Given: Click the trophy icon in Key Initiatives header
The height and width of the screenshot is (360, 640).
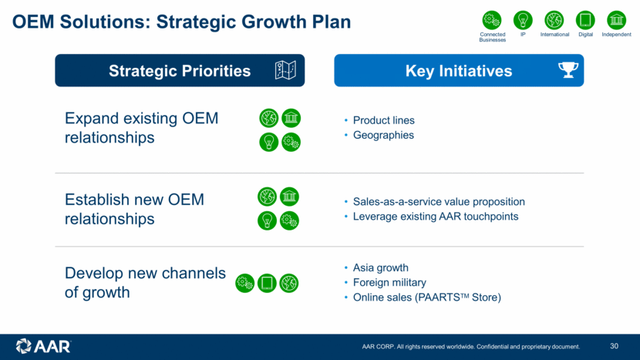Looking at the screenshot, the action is click(568, 70).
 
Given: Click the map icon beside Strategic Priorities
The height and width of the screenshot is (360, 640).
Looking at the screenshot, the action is click(285, 70).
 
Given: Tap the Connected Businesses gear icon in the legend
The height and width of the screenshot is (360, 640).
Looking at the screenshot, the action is click(492, 20).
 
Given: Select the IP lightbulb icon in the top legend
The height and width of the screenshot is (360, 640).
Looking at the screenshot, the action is click(523, 20).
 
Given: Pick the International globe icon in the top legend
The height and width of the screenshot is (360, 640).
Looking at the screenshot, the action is click(554, 20).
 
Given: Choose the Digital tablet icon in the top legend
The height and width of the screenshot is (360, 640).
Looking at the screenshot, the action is click(585, 20).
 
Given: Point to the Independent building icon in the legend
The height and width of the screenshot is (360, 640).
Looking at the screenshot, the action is click(616, 20).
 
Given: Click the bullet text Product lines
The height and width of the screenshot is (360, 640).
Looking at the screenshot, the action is click(384, 120).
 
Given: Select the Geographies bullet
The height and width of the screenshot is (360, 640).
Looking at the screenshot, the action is click(383, 135).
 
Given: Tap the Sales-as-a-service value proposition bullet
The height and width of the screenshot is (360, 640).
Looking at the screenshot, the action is click(439, 202).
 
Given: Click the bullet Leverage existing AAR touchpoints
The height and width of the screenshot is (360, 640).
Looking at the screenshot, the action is click(436, 217).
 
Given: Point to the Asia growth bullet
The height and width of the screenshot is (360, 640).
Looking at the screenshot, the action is click(380, 267).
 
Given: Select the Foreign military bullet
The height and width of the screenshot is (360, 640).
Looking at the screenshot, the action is click(389, 282).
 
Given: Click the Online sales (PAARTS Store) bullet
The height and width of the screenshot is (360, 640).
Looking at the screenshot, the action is click(427, 297).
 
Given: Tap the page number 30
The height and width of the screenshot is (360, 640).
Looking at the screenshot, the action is click(615, 346).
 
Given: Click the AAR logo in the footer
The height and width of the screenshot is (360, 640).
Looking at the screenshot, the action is click(43, 346).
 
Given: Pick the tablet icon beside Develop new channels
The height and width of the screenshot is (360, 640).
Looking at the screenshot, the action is click(267, 283).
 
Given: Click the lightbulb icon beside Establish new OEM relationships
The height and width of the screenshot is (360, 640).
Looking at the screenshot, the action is click(267, 220).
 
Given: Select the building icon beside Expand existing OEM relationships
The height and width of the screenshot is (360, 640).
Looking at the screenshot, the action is click(291, 119).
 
